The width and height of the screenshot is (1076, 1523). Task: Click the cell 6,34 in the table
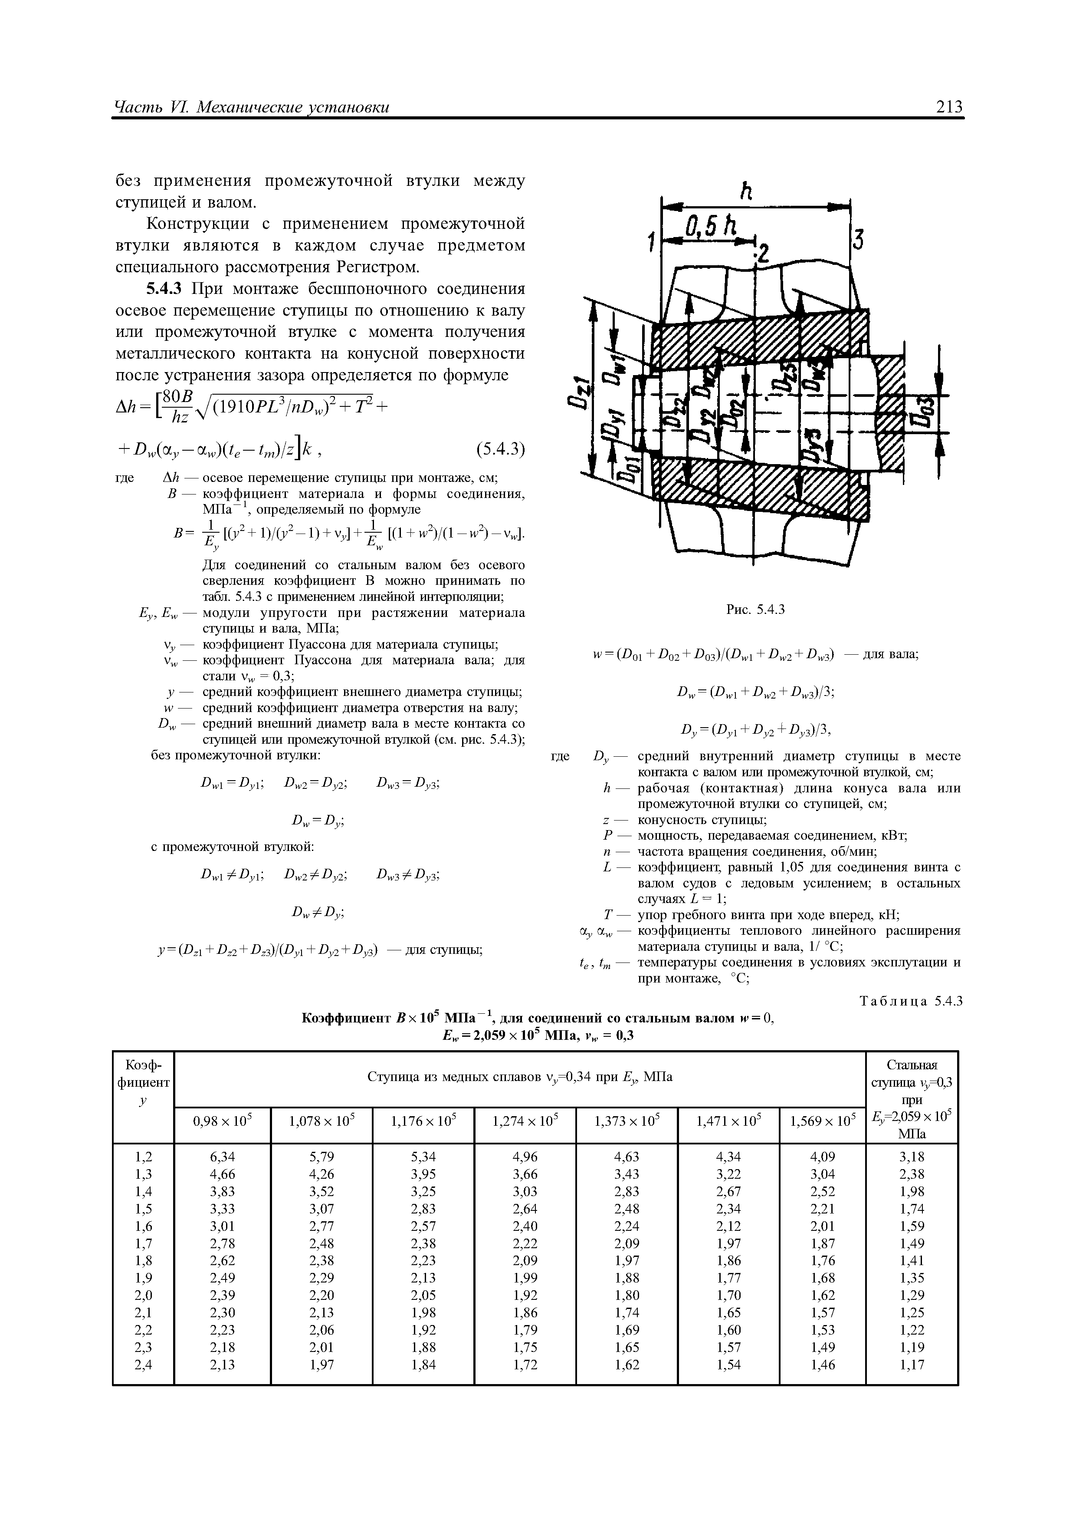(222, 1157)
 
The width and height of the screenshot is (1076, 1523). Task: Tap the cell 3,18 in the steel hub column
(912, 1157)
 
